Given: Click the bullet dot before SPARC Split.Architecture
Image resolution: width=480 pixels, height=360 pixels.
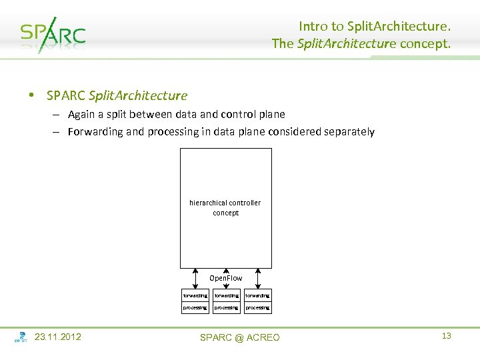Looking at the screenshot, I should point(31,95).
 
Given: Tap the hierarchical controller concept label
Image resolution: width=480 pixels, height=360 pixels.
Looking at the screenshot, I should point(225,207).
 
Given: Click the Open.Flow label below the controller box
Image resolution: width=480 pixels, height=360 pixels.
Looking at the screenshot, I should point(226,277).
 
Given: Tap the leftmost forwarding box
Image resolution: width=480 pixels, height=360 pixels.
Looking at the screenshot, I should point(195,295).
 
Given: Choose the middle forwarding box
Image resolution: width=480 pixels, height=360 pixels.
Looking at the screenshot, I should point(226,295).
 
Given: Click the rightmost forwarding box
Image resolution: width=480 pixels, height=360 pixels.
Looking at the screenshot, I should point(257,295).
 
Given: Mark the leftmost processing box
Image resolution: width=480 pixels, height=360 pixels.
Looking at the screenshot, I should point(195,307).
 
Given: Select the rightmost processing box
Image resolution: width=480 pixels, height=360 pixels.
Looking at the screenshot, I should point(257,307).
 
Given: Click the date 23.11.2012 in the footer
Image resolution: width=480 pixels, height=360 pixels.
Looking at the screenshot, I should point(57,337).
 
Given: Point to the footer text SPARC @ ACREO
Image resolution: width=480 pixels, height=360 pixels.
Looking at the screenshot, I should point(240,337).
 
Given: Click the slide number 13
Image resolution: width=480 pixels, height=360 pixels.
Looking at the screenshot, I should point(447,335).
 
